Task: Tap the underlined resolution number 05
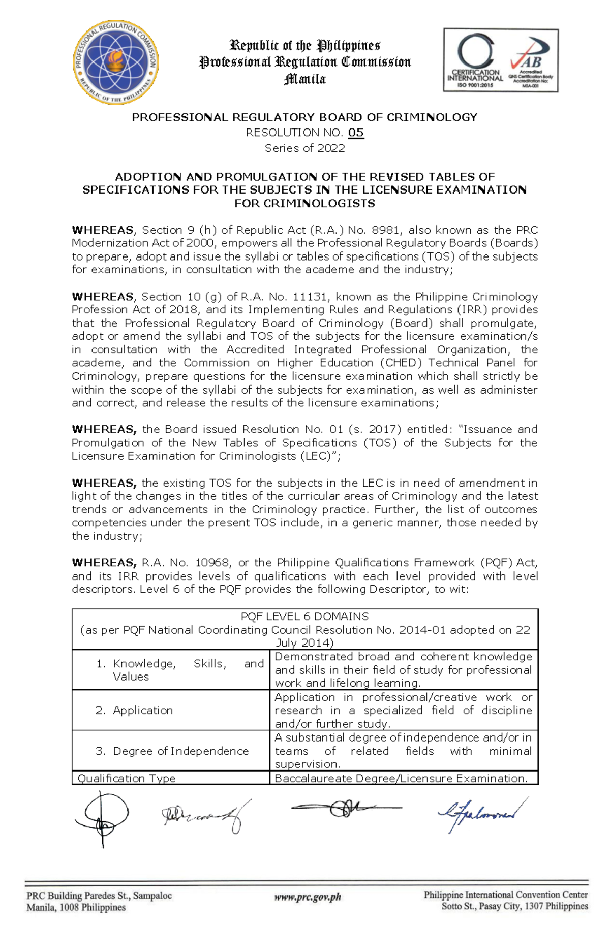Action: coord(356,133)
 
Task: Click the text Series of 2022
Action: coord(304,148)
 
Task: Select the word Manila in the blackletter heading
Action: coord(305,79)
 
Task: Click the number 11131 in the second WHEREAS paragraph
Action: coord(311,297)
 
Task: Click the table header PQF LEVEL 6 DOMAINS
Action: coord(304,617)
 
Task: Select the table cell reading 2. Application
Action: coord(135,710)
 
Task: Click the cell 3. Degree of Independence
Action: coord(172,751)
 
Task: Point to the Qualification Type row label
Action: coord(127,778)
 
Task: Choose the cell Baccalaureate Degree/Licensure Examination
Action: coord(401,778)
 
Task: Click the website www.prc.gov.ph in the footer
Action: coord(308,897)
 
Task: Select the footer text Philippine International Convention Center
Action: coord(506,895)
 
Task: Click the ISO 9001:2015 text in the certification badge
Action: coord(475,85)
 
